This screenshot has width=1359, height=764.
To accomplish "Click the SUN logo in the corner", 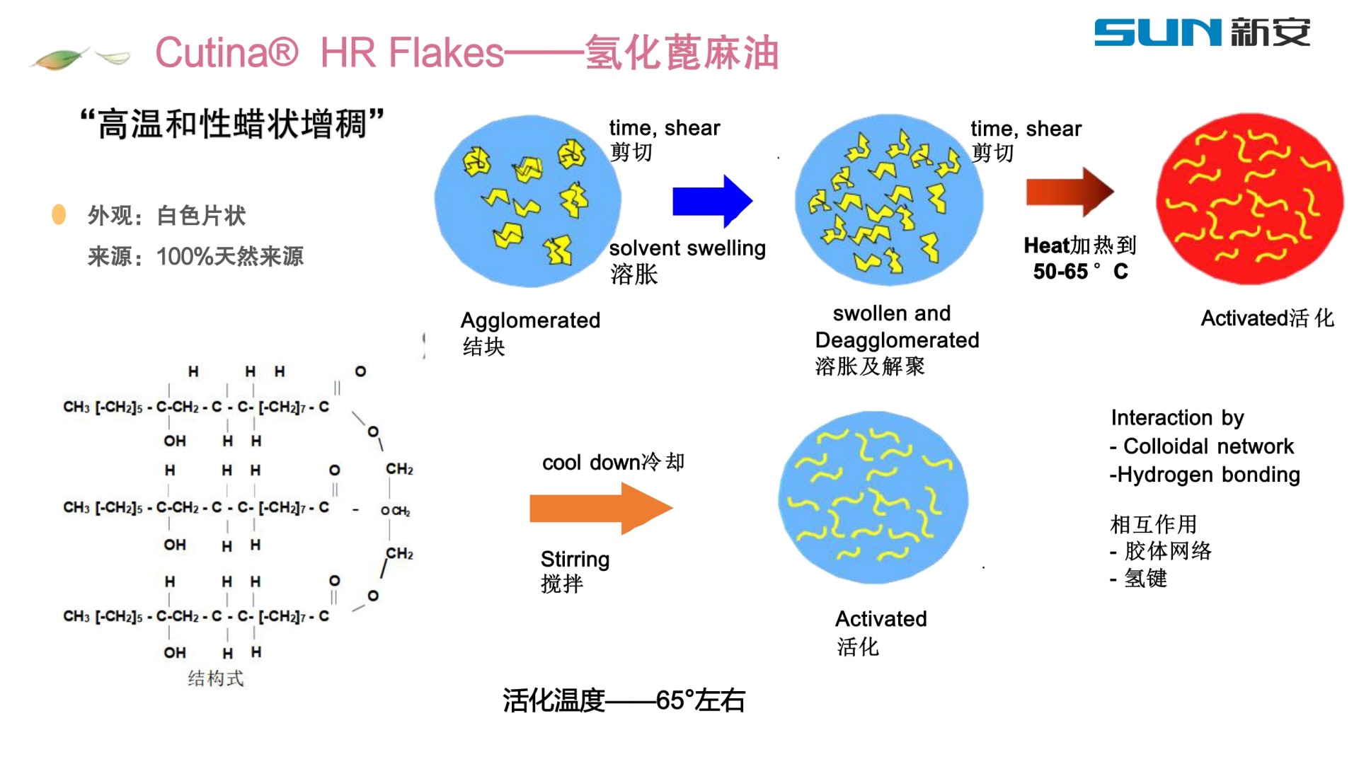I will pyautogui.click(x=1201, y=33).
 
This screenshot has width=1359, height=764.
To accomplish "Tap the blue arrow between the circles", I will pyautogui.click(x=711, y=201).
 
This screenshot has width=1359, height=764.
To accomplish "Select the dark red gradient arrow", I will pyautogui.click(x=1069, y=191).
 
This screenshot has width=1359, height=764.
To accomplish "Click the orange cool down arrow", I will pyautogui.click(x=600, y=508).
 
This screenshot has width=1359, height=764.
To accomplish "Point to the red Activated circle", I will pyautogui.click(x=1249, y=199).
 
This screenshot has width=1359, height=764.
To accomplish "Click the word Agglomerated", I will pyautogui.click(x=530, y=320).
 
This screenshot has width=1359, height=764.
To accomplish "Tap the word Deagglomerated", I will pyautogui.click(x=897, y=340).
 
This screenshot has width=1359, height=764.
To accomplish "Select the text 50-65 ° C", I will pyautogui.click(x=1080, y=272).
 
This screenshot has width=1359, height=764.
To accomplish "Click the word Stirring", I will pyautogui.click(x=575, y=560).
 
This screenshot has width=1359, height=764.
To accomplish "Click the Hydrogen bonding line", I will pyautogui.click(x=1205, y=475).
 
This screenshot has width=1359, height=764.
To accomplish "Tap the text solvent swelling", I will pyautogui.click(x=687, y=248).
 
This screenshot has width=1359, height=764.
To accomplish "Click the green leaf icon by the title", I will pyautogui.click(x=60, y=58).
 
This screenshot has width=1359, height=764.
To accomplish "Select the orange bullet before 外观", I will pyautogui.click(x=59, y=214).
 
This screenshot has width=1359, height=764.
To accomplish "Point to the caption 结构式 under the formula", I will pyautogui.click(x=215, y=679).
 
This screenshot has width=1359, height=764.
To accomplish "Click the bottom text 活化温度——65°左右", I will pyautogui.click(x=624, y=700).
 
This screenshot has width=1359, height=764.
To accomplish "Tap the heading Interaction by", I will pyautogui.click(x=1177, y=418).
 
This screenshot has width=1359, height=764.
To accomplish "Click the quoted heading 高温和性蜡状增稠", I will pyautogui.click(x=231, y=124).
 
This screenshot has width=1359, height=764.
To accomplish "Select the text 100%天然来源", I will pyautogui.click(x=230, y=256).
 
